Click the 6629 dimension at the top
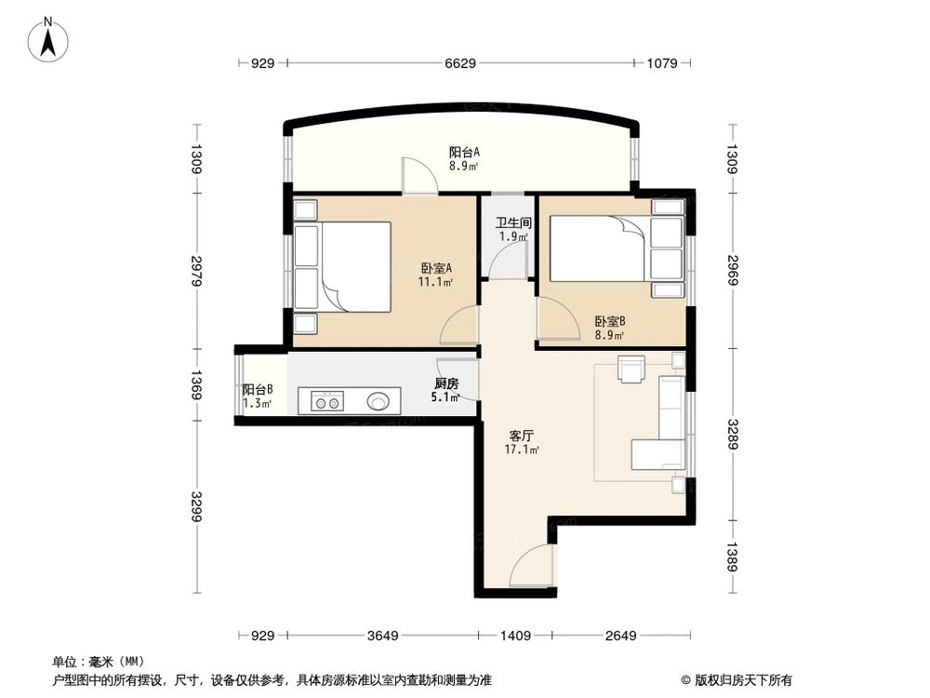[x=461, y=63]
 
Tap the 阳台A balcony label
[x=463, y=158]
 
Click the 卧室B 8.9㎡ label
[x=610, y=329]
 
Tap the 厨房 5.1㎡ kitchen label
[x=445, y=390]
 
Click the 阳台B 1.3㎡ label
[x=257, y=396]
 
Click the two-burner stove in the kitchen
[x=326, y=402]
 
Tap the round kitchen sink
[x=379, y=402]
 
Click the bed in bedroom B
[x=596, y=248]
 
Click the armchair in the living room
[x=631, y=370]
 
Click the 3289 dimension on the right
[x=735, y=433]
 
